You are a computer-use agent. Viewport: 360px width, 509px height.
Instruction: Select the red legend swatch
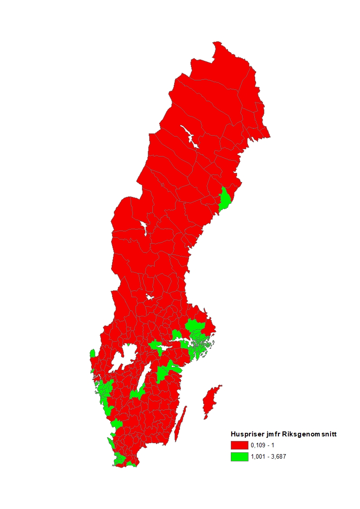pyautogui.click(x=239, y=445)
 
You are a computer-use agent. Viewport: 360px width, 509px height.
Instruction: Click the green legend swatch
pyautogui.click(x=239, y=457)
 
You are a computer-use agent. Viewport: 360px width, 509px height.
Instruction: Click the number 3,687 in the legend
pyautogui.click(x=280, y=457)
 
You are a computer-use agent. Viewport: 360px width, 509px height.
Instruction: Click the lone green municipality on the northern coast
pyautogui.click(x=224, y=200)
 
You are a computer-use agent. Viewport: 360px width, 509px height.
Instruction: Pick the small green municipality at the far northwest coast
pyautogui.click(x=92, y=353)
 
